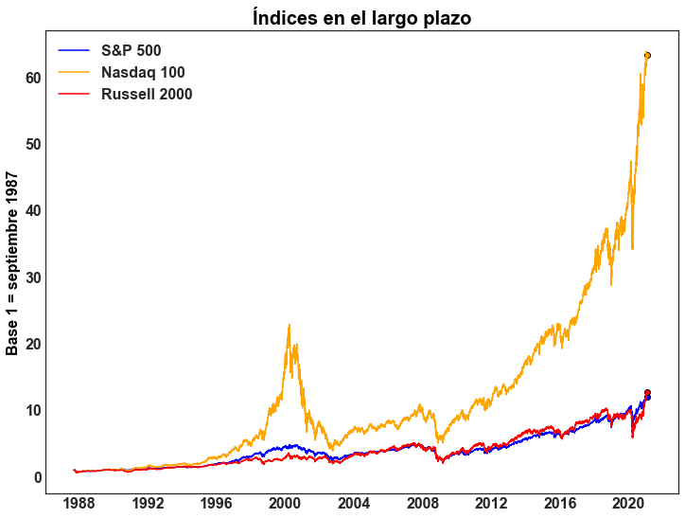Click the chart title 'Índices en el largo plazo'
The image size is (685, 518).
point(361,17)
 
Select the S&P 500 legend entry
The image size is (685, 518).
point(137,50)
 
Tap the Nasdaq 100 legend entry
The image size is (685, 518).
point(143,72)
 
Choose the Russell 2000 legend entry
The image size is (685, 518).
point(147,94)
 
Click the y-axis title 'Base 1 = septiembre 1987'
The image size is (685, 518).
point(13,263)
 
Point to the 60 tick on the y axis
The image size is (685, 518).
point(33,78)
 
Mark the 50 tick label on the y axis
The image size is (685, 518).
point(33,144)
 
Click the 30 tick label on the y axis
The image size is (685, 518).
point(33,277)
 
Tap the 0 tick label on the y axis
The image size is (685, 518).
point(38,477)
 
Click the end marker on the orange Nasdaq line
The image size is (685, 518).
point(647,55)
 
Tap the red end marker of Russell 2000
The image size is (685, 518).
point(647,393)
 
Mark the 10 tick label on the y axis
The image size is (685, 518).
point(33,411)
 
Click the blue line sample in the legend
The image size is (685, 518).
point(74,50)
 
